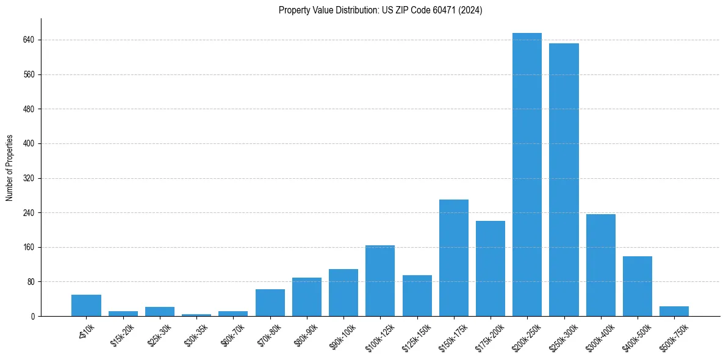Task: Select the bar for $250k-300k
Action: tap(564, 179)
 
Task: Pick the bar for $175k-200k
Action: tap(490, 268)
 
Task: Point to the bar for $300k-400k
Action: tap(600, 265)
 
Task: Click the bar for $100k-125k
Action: tap(380, 281)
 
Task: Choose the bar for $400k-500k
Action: tap(637, 286)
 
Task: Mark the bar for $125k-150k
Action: tap(417, 295)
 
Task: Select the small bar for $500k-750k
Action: tap(674, 311)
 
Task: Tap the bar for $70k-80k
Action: tap(270, 303)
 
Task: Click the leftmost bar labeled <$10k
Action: tap(86, 306)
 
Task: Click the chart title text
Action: tap(380, 10)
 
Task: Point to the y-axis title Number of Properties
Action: tap(10, 168)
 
